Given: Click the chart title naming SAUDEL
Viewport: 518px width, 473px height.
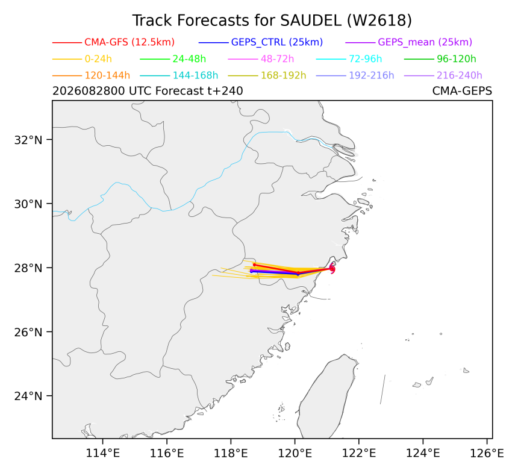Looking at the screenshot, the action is click(272, 20).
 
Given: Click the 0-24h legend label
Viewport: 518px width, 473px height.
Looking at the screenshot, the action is click(98, 59).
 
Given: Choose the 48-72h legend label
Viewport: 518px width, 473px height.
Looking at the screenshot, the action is click(277, 59).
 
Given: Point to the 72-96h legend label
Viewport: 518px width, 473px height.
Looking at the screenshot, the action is click(366, 59).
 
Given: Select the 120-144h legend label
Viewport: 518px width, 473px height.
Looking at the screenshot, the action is click(107, 76).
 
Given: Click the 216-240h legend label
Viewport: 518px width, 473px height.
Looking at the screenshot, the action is click(460, 76).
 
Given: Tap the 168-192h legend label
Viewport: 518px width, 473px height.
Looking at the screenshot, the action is click(284, 76).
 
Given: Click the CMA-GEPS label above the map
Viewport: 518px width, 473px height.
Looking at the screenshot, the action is click(462, 91).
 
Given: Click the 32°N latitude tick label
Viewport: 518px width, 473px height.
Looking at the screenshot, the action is click(28, 140).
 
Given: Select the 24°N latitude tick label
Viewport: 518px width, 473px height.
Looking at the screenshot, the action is click(28, 396).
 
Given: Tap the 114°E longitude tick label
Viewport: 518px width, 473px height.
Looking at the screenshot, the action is click(103, 454).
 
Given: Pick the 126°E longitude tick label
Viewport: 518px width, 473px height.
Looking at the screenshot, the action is click(487, 454).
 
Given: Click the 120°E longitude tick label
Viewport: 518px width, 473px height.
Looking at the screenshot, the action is click(295, 454).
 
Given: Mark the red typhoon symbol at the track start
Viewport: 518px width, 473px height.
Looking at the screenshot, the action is click(332, 269).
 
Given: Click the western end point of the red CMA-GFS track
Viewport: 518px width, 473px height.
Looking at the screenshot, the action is click(254, 265).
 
